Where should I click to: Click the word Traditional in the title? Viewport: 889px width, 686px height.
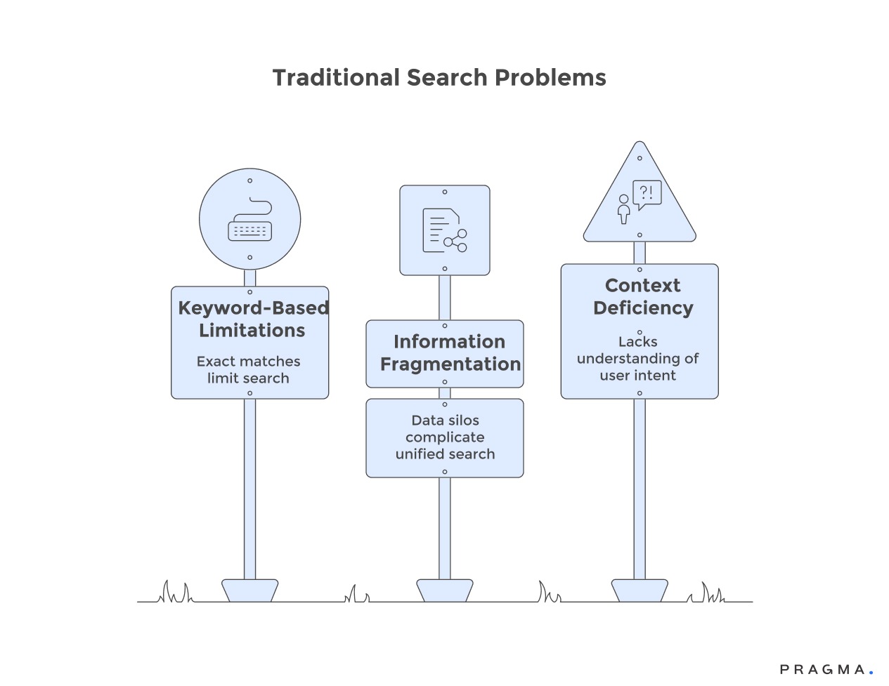(x=336, y=78)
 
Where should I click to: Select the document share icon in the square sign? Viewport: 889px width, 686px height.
(x=444, y=230)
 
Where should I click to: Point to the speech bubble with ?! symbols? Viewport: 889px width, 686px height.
(x=647, y=194)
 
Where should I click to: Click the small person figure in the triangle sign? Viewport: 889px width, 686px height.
(x=623, y=209)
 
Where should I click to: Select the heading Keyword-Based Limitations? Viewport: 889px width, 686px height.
(x=252, y=319)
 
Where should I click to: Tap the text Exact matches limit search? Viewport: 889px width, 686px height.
(x=248, y=369)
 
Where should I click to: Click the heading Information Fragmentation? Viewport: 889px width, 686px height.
(x=450, y=352)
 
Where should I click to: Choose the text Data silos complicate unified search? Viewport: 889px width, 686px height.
(x=445, y=437)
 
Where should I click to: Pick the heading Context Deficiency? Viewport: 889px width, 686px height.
(x=643, y=296)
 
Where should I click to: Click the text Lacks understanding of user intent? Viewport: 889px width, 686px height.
(x=638, y=358)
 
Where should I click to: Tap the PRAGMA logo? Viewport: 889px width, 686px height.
(x=822, y=670)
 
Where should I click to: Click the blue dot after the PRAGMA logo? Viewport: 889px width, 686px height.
(x=871, y=673)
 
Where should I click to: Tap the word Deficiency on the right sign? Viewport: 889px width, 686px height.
(x=643, y=308)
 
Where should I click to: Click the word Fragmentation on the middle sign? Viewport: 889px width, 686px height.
(x=450, y=364)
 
